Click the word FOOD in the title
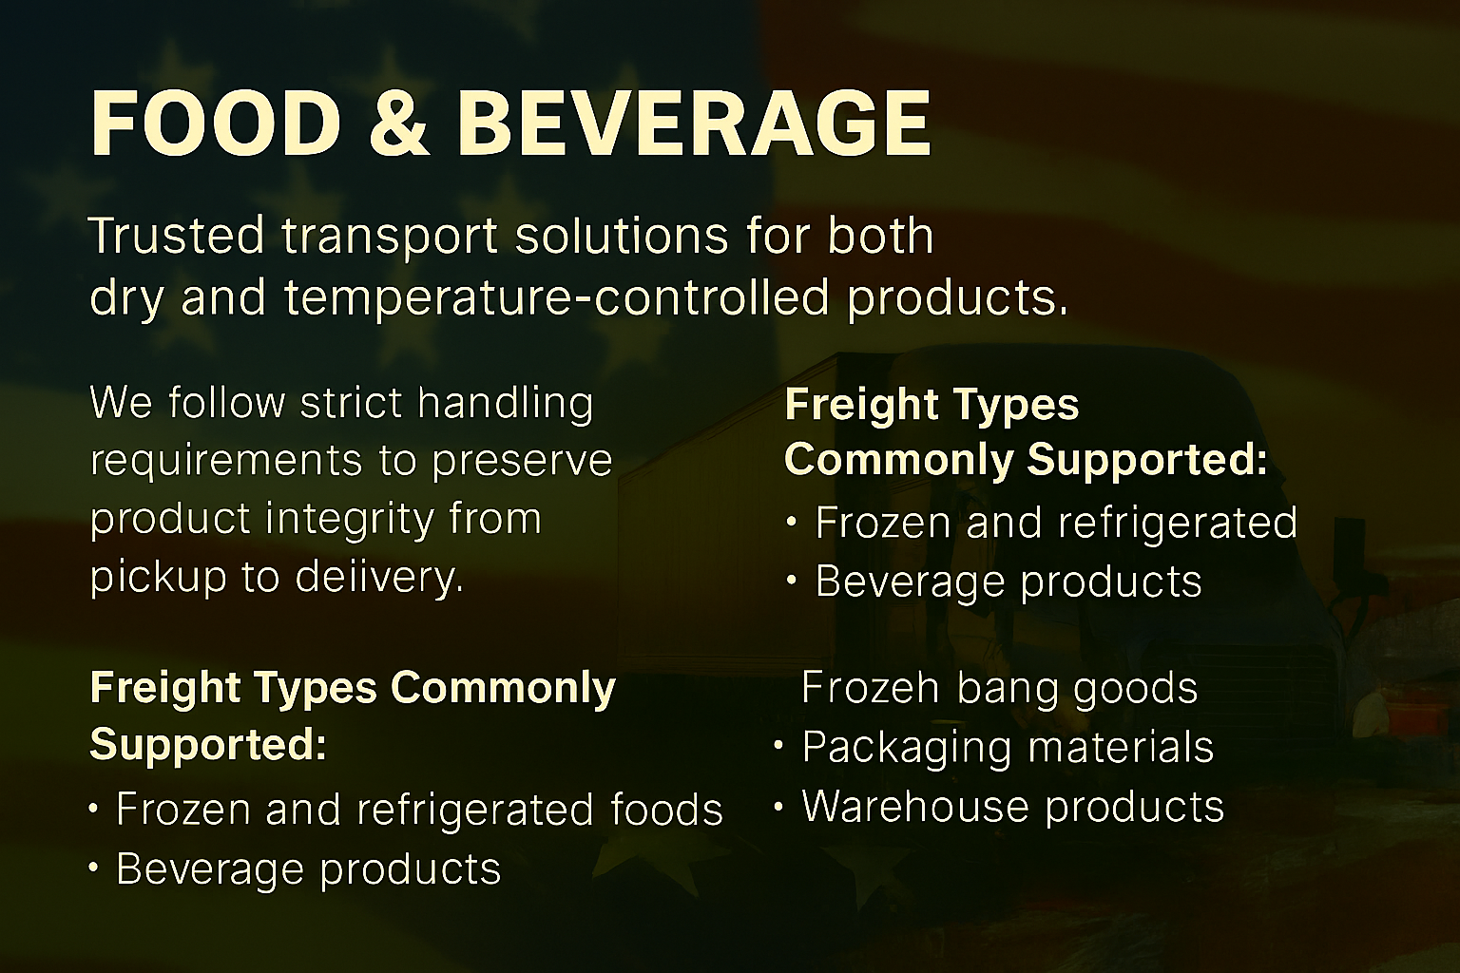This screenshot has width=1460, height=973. (x=215, y=124)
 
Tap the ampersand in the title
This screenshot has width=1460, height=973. (x=399, y=124)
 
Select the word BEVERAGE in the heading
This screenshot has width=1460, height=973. (x=695, y=124)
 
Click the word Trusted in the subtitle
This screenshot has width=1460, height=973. (x=176, y=235)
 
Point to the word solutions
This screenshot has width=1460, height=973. (x=621, y=235)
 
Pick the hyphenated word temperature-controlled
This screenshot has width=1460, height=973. (x=557, y=297)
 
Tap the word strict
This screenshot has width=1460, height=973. (x=351, y=402)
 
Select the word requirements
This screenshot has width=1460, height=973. (x=225, y=462)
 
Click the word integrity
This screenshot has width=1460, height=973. (x=349, y=521)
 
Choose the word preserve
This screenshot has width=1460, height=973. (x=522, y=462)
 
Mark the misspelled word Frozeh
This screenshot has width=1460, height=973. (x=870, y=687)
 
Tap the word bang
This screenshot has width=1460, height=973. (x=1007, y=690)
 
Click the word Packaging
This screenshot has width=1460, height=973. (x=907, y=748)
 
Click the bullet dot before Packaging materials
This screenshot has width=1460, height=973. (x=778, y=746)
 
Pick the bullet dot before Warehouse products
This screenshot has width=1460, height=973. (x=778, y=806)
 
